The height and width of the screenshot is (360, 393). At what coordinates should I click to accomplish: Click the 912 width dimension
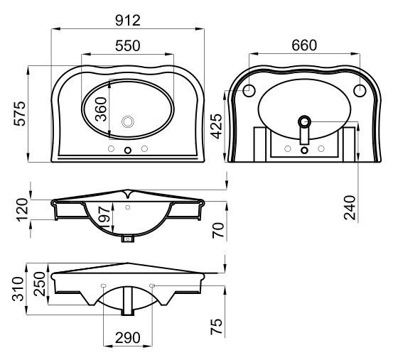tap(128, 21)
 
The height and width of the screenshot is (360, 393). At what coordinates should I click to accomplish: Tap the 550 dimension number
tap(128, 46)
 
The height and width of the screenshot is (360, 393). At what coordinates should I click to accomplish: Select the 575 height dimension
tap(20, 114)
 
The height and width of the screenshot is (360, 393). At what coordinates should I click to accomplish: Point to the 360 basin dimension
tap(101, 109)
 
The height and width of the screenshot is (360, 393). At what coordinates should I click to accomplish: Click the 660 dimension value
tap(304, 45)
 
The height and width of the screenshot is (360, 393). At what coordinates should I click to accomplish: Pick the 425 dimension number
tap(216, 126)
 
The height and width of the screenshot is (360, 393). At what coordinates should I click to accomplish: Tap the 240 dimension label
tap(350, 208)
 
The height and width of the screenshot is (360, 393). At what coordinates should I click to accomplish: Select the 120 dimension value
tap(22, 209)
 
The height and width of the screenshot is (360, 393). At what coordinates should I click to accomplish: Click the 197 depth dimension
tap(104, 217)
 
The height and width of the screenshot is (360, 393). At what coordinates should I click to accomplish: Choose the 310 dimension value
tap(18, 289)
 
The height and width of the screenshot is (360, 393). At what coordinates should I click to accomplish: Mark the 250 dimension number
tap(40, 284)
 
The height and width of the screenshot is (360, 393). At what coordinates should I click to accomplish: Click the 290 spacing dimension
tap(128, 338)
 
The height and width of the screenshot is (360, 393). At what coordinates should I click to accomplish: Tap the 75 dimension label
tap(216, 327)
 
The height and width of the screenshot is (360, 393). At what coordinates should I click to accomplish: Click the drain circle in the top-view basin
tap(128, 121)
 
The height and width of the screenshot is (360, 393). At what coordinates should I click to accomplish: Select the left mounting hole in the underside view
tap(249, 90)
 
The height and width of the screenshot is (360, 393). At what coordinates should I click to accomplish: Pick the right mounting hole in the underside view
tap(360, 90)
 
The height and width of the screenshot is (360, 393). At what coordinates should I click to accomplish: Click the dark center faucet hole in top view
tap(128, 151)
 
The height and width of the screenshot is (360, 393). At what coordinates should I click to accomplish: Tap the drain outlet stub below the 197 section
tap(128, 239)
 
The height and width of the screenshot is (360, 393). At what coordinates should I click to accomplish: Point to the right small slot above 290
tap(152, 285)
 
